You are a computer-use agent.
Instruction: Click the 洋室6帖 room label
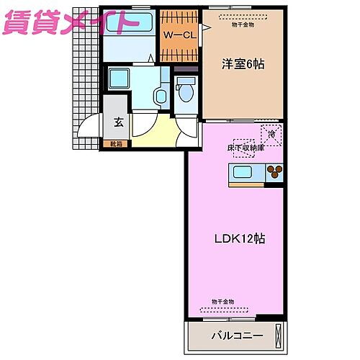243,64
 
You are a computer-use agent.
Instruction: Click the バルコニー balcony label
236,335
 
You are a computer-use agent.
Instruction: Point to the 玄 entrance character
118,122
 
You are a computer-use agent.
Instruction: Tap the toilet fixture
186,92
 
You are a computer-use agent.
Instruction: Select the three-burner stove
274,172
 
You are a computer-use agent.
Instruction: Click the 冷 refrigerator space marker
272,134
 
